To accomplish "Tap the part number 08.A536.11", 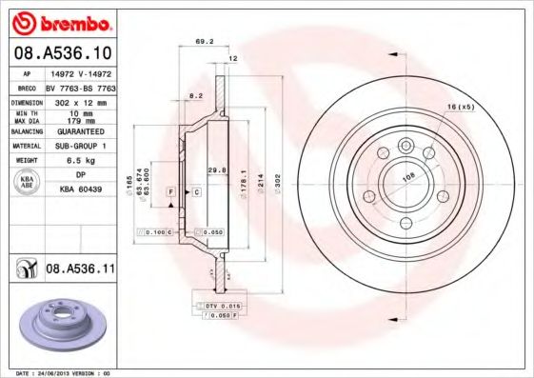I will [x=81, y=270].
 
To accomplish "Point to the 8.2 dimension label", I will [x=195, y=97].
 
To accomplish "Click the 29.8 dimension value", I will [x=216, y=169].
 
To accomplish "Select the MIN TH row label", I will [x=28, y=112].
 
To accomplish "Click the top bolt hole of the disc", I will [x=406, y=146].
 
